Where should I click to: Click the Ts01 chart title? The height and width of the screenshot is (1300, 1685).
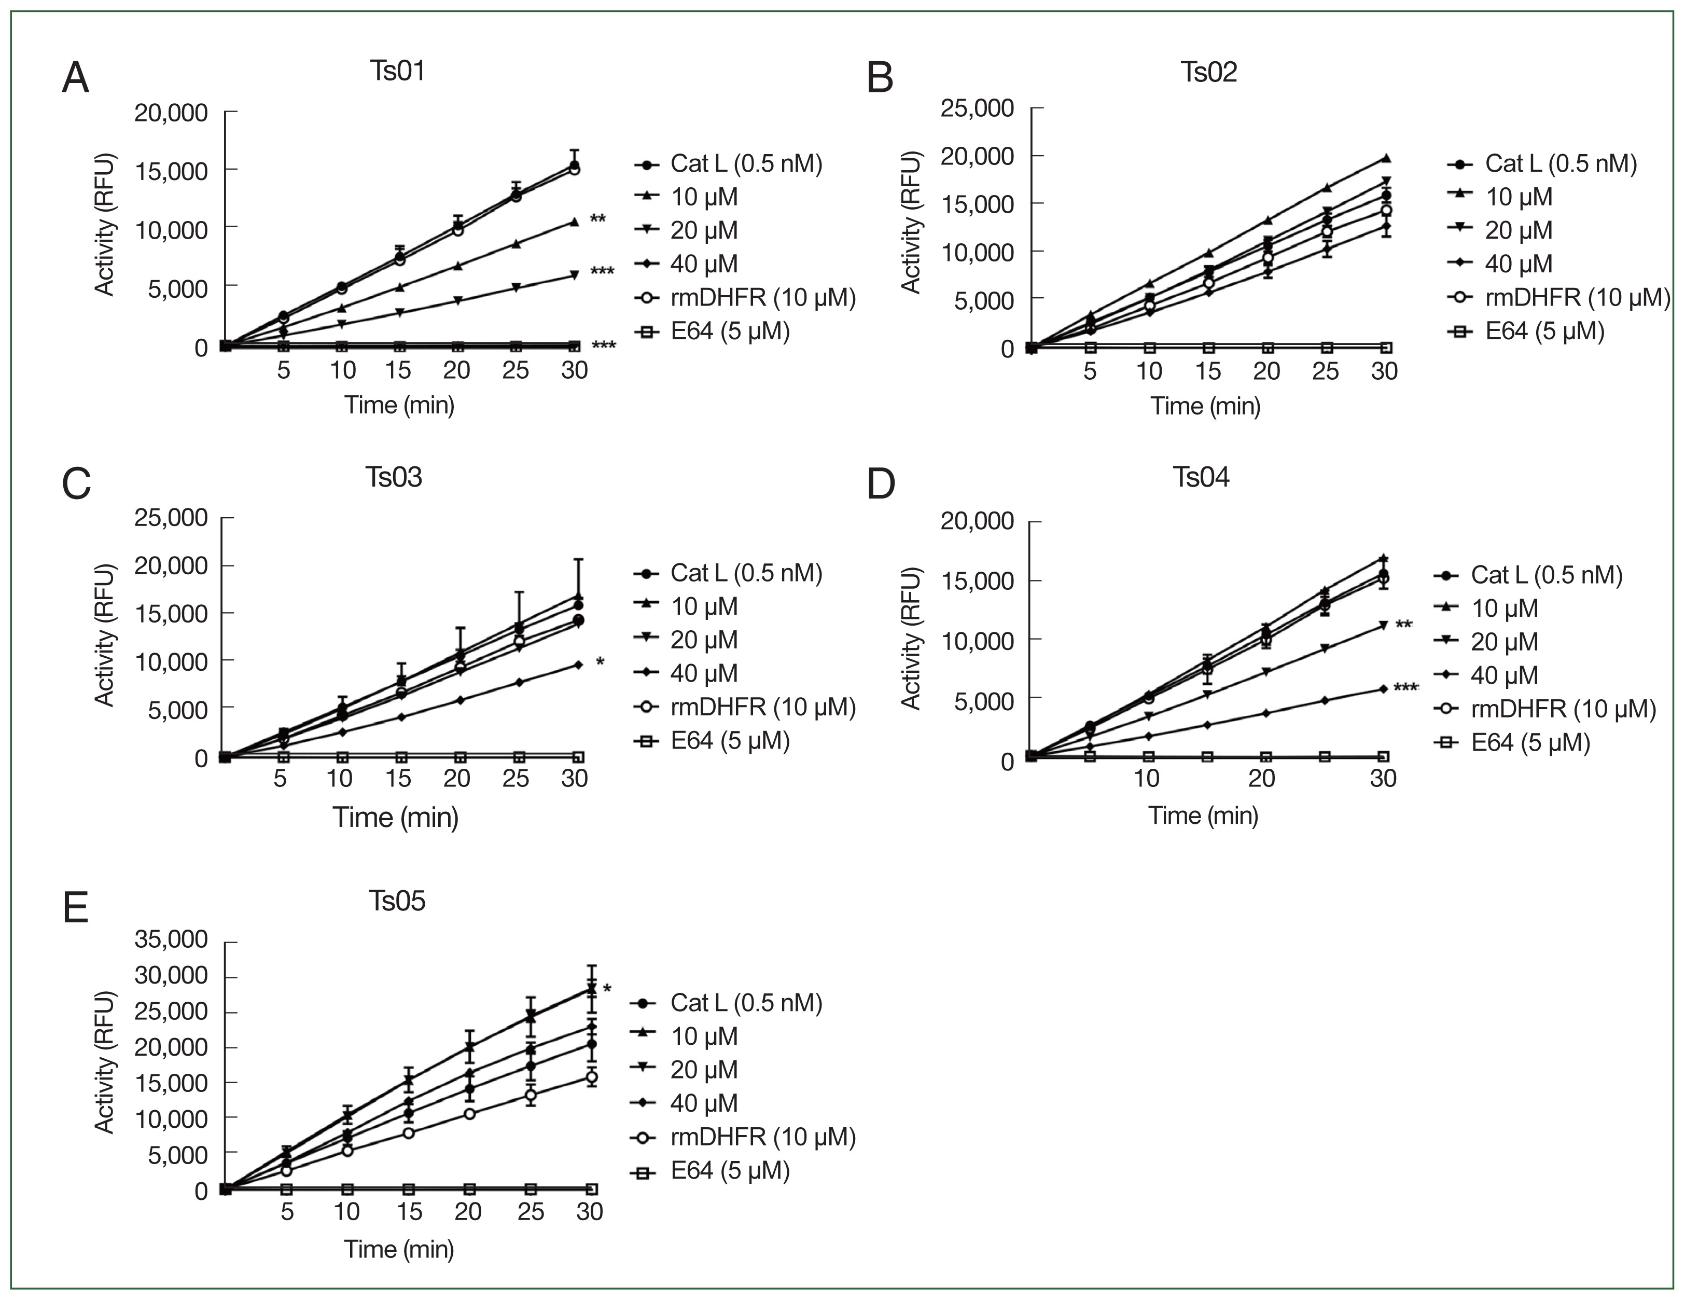(397, 71)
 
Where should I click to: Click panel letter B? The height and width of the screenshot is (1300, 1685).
(880, 78)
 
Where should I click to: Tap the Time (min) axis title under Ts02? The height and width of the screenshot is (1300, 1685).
(1205, 406)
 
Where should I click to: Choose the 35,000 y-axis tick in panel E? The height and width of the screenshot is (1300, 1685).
(171, 939)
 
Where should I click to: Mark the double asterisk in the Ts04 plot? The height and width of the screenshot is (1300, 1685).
(1404, 624)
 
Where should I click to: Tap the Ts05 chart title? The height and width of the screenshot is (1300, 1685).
(397, 901)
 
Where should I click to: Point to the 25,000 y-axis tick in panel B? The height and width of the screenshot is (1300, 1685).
(977, 108)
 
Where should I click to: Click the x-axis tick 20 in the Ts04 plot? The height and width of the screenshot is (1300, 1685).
(1261, 778)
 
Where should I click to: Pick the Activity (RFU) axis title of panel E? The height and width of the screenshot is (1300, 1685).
(104, 1062)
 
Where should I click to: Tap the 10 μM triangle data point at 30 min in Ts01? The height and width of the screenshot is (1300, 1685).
(574, 222)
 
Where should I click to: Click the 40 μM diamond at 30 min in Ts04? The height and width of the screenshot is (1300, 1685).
(1383, 689)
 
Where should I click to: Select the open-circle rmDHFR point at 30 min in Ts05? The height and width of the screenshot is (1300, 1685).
(591, 1078)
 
